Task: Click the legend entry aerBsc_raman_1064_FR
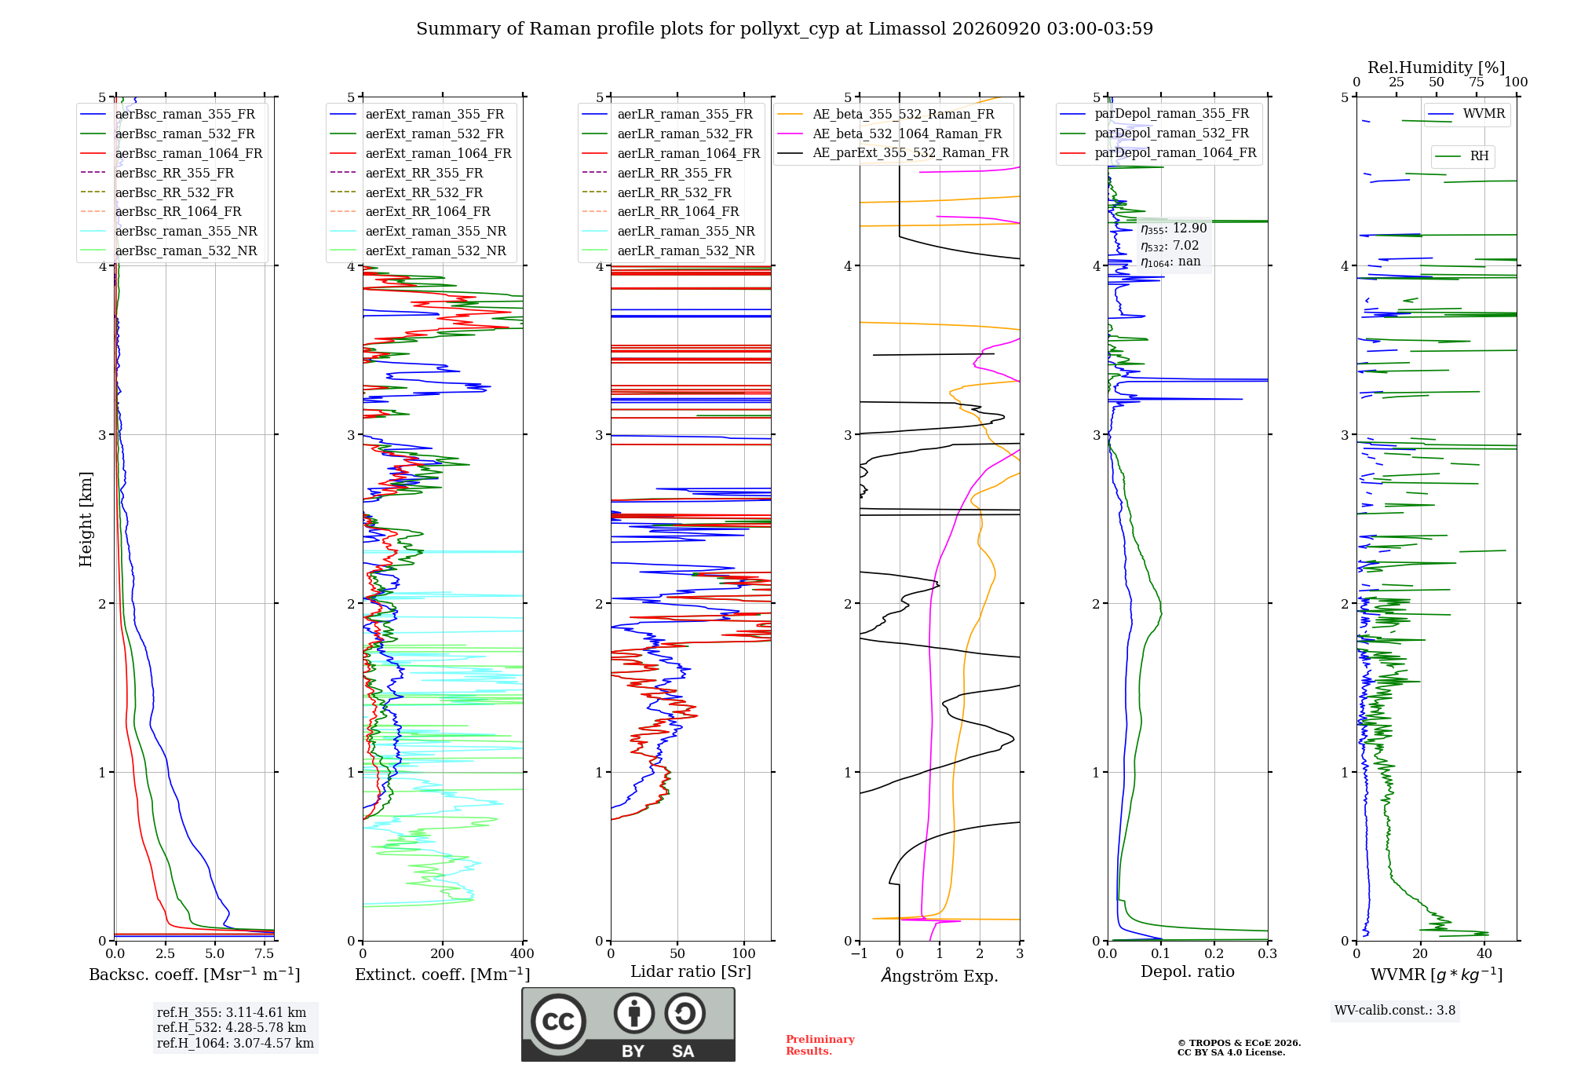pos(171,153)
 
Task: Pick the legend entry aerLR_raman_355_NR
pos(669,231)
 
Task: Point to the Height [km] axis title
pos(86,519)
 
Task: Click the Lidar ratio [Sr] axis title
pos(691,971)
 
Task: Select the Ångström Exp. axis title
pos(940,975)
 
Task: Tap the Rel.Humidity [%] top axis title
pos(1437,68)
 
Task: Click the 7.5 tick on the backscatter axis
pos(265,953)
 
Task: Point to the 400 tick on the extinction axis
pos(523,953)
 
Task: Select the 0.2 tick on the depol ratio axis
pos(1214,953)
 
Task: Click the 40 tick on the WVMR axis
pos(1484,953)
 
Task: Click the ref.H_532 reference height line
pos(232,1027)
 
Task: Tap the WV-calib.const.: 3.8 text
pos(1395,1011)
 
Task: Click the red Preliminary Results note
pos(820,1045)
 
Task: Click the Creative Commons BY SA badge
pos(628,1025)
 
